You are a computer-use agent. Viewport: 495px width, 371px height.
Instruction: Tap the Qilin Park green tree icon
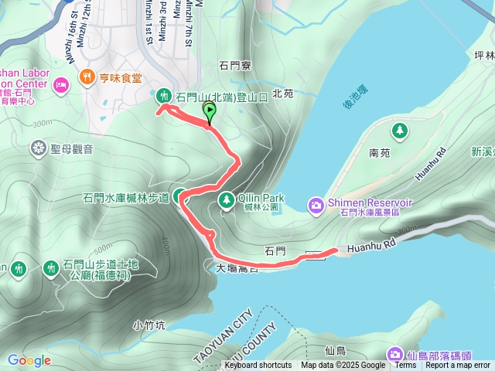click(227, 200)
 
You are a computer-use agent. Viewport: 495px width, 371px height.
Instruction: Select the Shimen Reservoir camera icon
click(316, 204)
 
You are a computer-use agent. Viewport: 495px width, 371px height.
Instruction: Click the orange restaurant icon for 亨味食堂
click(86, 78)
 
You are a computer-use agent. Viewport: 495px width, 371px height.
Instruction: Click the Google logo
click(29, 360)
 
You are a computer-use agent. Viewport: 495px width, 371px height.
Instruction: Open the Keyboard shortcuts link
click(258, 366)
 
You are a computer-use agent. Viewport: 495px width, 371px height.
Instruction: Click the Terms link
click(405, 366)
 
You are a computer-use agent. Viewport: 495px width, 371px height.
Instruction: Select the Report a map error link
click(458, 366)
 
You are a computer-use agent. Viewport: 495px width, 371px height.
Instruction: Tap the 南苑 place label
click(380, 153)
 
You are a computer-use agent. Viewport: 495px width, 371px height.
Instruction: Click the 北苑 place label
click(283, 94)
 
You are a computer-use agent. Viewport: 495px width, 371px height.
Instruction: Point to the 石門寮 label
click(235, 66)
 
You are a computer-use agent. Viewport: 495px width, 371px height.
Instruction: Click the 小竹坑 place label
click(148, 325)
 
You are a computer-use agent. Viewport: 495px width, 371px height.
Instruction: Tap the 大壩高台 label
click(236, 268)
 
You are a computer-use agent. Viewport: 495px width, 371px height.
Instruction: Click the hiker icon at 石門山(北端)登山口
click(163, 97)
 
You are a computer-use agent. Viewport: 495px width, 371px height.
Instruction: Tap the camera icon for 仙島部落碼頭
click(395, 355)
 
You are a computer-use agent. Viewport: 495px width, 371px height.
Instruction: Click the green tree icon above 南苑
click(399, 131)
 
